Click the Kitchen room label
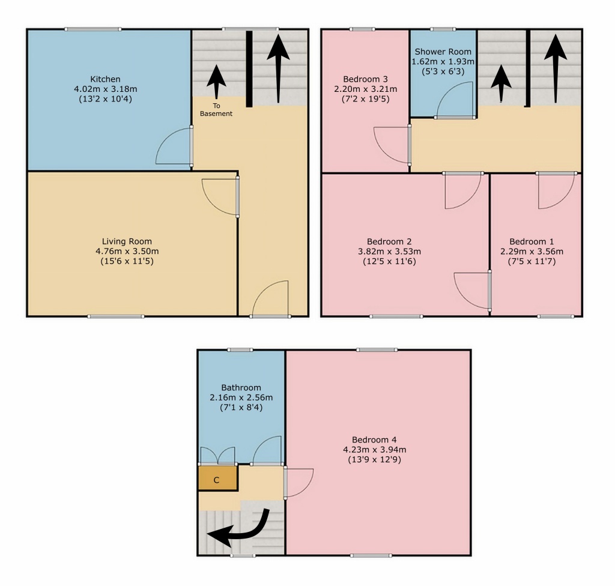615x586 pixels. [x=105, y=79]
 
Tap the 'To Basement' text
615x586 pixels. [x=216, y=110]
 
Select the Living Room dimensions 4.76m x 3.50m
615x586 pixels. [x=127, y=252]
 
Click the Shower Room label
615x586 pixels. [x=443, y=52]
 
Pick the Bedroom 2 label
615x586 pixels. [x=389, y=241]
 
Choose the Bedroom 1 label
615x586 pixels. [x=532, y=241]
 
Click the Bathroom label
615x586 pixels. [x=241, y=387]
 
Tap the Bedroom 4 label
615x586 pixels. [x=374, y=439]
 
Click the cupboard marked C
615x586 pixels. [x=217, y=478]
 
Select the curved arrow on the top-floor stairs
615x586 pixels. [x=239, y=533]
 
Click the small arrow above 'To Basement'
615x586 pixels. [x=216, y=82]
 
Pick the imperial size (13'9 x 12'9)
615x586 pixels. [x=374, y=460]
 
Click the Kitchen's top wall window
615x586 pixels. [x=93, y=29]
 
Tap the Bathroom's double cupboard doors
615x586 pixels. [x=217, y=455]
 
